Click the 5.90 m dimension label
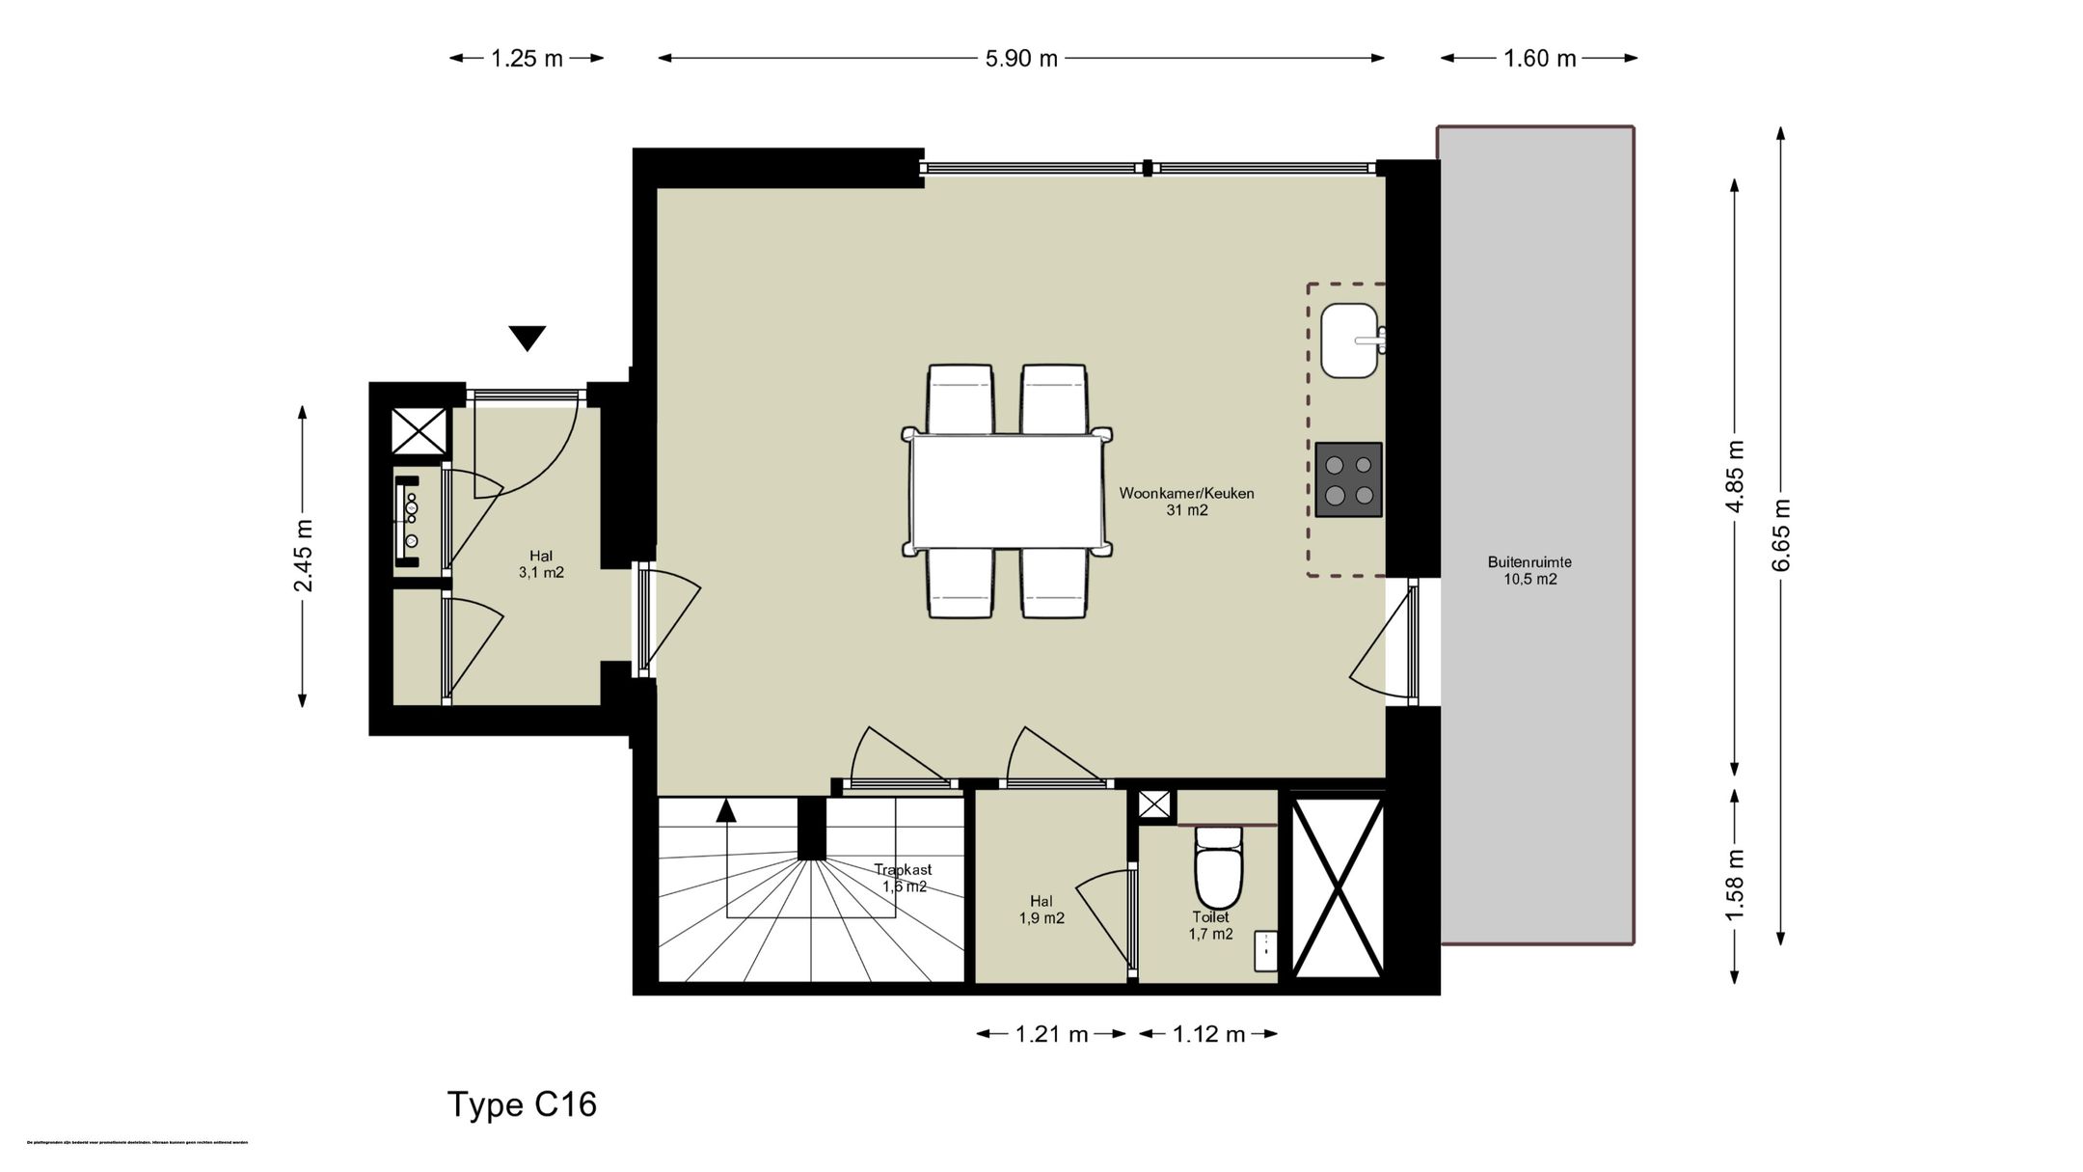(x=1021, y=59)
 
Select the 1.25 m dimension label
(x=527, y=59)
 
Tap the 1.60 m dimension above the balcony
(x=1539, y=59)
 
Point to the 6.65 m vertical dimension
(x=1780, y=535)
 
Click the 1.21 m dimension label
(x=1051, y=1035)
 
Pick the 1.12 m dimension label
(x=1208, y=1035)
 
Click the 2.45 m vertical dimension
(x=304, y=556)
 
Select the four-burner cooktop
(x=1348, y=479)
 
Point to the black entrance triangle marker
(x=528, y=338)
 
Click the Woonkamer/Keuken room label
(x=1186, y=502)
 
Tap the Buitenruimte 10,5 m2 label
(x=1529, y=570)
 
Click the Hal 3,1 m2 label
(x=541, y=563)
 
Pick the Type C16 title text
(x=522, y=1104)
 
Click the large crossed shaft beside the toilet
(x=1338, y=887)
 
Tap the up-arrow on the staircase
(x=726, y=810)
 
